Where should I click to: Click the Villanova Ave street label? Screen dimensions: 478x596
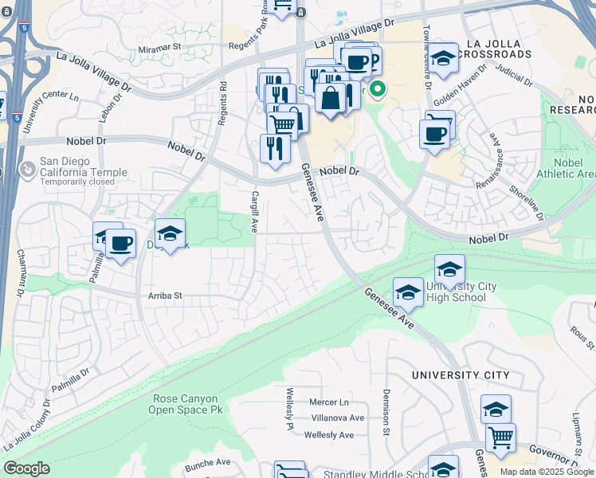click(x=337, y=417)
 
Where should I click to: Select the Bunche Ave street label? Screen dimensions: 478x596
click(x=207, y=462)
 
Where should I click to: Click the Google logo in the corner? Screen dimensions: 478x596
click(x=26, y=468)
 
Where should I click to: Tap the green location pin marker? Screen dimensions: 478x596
click(x=378, y=90)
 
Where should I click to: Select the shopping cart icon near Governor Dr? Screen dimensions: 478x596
click(x=500, y=436)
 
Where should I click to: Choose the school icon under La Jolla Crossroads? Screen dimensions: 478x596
click(x=444, y=57)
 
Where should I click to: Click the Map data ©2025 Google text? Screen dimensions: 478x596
click(x=546, y=472)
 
